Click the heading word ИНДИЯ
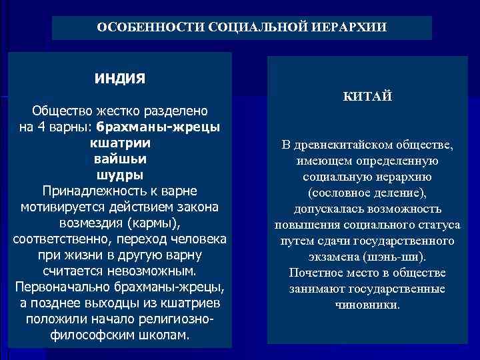(120, 79)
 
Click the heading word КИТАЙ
(367, 98)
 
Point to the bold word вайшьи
(120, 159)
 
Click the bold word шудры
(120, 175)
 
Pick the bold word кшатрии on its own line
(120, 143)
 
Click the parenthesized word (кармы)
(154, 223)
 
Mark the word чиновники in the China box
(367, 305)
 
